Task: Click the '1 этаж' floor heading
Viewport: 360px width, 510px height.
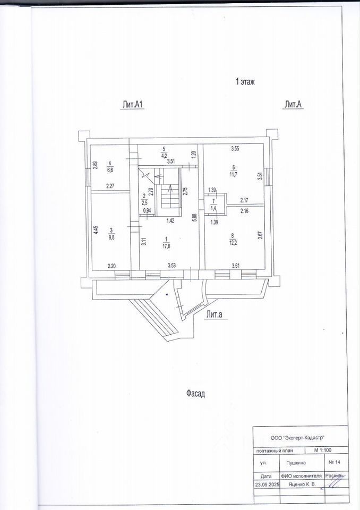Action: pyautogui.click(x=245, y=82)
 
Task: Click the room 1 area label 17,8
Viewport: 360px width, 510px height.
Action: pyautogui.click(x=167, y=245)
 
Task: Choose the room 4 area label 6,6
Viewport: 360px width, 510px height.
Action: pyautogui.click(x=110, y=170)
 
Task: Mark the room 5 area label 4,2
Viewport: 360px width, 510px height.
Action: pyautogui.click(x=165, y=156)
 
